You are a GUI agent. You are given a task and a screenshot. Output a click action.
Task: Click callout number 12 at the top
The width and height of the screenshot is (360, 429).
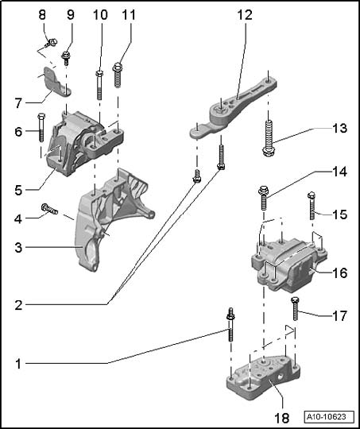pyautogui.click(x=245, y=14)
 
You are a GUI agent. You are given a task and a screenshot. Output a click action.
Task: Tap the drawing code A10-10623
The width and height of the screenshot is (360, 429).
pyautogui.click(x=326, y=417)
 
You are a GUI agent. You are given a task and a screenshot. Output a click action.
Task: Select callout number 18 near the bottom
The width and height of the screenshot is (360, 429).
pyautogui.click(x=281, y=418)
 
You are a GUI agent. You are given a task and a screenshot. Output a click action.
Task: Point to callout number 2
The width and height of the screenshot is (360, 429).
pyautogui.click(x=18, y=305)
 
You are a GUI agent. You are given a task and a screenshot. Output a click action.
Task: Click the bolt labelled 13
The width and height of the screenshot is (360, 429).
pyautogui.click(x=269, y=138)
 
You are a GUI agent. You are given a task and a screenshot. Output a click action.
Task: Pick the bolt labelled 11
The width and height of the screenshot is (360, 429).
pyautogui.click(x=118, y=75)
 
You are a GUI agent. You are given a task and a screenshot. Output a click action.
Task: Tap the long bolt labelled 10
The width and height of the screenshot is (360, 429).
pyautogui.click(x=99, y=85)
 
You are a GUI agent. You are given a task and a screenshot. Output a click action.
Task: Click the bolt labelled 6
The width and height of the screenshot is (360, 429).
pyautogui.click(x=41, y=127)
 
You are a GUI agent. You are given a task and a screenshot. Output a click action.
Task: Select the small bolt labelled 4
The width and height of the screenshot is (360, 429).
pyautogui.click(x=49, y=209)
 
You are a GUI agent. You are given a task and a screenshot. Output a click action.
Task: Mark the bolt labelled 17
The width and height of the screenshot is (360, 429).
pyautogui.click(x=295, y=309)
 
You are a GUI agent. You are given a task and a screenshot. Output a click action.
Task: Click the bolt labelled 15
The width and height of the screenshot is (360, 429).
pyautogui.click(x=312, y=206)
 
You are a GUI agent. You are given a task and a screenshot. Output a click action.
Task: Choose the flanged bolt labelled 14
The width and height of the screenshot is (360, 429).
pyautogui.click(x=263, y=198)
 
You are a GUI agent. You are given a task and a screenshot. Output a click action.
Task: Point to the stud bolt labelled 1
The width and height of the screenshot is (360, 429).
pyautogui.click(x=230, y=324)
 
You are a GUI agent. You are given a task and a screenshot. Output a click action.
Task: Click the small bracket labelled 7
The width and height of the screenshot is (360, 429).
pyautogui.click(x=56, y=82)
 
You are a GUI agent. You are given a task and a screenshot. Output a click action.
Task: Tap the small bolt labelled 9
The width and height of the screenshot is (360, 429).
pyautogui.click(x=66, y=58)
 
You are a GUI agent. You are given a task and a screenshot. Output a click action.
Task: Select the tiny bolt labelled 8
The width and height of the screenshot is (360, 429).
pyautogui.click(x=52, y=43)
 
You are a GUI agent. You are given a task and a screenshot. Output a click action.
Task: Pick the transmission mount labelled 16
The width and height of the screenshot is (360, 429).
pyautogui.click(x=288, y=265)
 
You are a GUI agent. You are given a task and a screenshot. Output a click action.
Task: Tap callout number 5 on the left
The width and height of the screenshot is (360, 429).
pyautogui.click(x=18, y=190)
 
